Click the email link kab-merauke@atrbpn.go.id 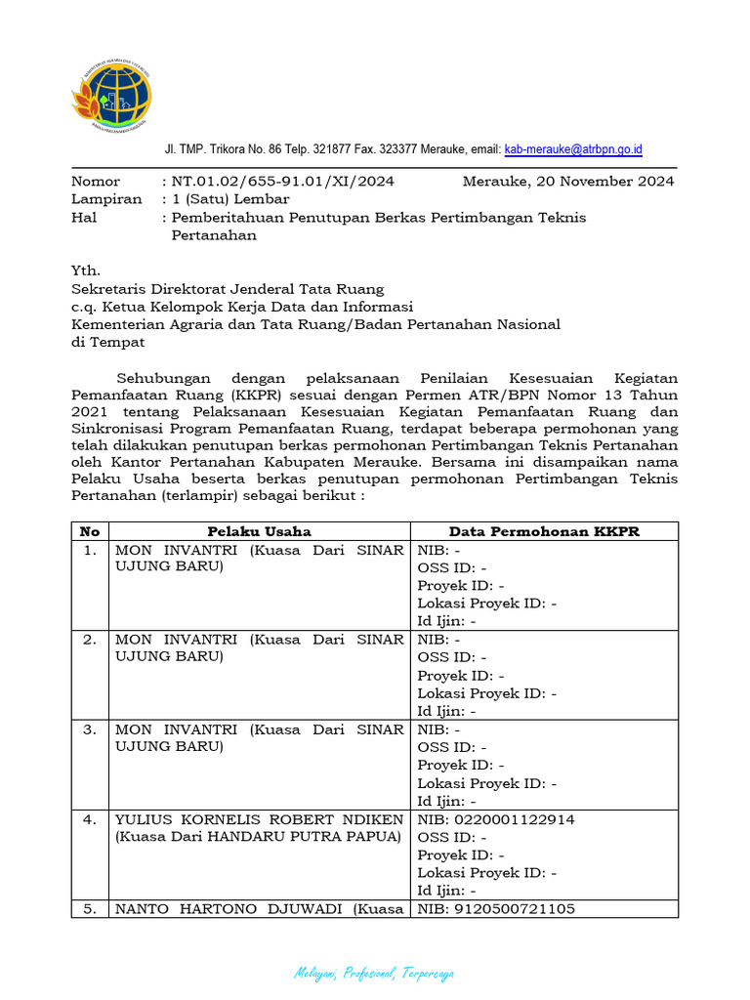coord(573,149)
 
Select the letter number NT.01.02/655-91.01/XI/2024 coord(283,182)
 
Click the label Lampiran coord(101,199)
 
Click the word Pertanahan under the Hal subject coord(214,235)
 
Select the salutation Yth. coord(86,271)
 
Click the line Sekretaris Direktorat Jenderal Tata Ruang coord(228,289)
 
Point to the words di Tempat coord(107,342)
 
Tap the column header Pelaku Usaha coord(259,531)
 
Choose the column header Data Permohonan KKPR coord(543,531)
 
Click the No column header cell coord(90,531)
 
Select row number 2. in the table coord(90,640)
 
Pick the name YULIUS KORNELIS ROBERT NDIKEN coord(259,819)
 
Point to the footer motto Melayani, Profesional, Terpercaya coord(374,974)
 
